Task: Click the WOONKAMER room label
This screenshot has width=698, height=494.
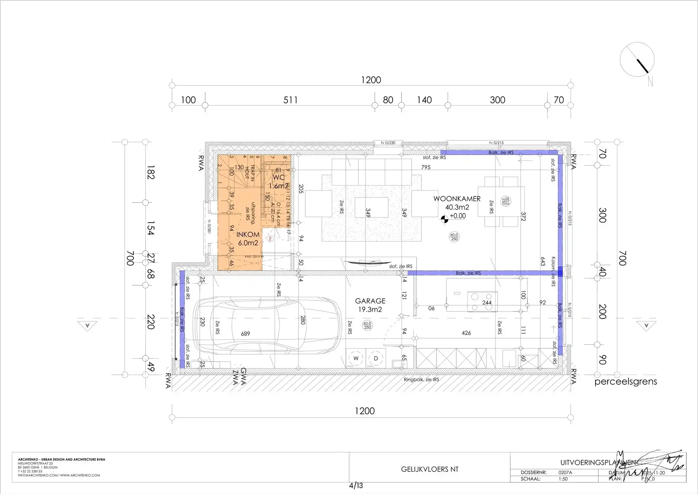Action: (457, 199)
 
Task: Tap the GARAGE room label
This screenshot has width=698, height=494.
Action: (370, 301)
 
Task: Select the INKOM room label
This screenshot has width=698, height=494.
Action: (248, 235)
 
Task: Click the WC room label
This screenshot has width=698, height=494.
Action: (278, 178)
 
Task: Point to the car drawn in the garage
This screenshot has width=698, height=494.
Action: (267, 325)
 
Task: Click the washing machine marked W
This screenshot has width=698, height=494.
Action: (356, 358)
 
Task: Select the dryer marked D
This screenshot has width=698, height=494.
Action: (376, 358)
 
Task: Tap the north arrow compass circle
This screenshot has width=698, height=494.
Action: (637, 60)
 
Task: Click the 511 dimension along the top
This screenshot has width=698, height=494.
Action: (290, 100)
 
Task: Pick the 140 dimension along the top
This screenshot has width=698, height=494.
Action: (424, 100)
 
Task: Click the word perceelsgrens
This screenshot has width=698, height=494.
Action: (626, 382)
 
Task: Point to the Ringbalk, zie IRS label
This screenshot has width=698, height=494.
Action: (421, 379)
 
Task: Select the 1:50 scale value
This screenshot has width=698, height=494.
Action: (563, 479)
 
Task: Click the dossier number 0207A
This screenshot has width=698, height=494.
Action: (565, 473)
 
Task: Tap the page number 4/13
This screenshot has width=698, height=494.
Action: (356, 486)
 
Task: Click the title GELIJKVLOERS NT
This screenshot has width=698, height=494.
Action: (430, 469)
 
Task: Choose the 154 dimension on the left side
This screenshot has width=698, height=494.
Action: (151, 228)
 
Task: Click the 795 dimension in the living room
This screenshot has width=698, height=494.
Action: (426, 167)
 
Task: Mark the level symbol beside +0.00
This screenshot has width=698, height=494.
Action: (444, 219)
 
